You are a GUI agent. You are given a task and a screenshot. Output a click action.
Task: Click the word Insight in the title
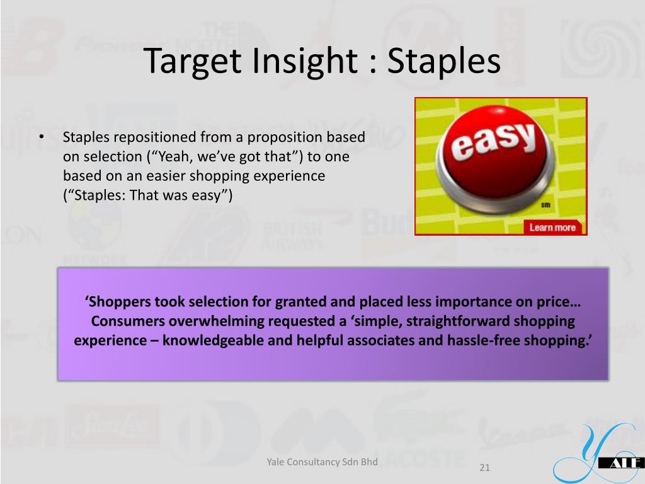305,61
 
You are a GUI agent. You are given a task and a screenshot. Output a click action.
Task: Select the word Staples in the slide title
444,61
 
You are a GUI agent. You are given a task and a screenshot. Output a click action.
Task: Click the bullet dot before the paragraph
42,137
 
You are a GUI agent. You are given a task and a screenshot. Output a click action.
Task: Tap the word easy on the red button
494,141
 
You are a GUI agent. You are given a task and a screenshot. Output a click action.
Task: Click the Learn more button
552,227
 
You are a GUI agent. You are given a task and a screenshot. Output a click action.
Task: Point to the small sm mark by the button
545,205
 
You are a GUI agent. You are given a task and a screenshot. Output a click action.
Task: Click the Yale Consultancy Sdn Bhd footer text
322,462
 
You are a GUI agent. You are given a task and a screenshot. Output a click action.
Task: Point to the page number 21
484,467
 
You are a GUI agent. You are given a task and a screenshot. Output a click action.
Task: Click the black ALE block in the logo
622,463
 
